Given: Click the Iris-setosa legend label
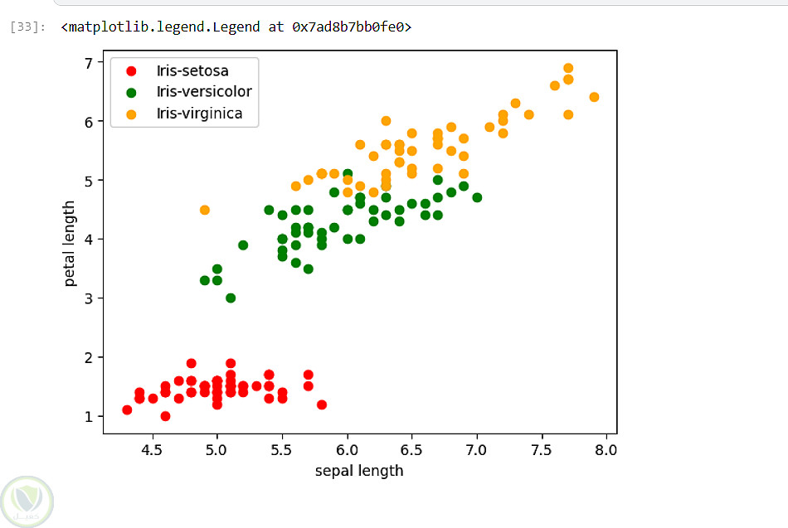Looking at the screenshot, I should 192,70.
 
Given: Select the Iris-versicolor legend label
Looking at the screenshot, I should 203,92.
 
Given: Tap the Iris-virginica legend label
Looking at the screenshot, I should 199,114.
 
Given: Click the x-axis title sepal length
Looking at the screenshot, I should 359,471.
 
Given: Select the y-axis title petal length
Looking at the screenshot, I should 71,244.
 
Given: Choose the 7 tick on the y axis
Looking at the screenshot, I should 87,62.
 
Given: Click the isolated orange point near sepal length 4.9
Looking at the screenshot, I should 204,210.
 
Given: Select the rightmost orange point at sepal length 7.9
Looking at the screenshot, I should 594,97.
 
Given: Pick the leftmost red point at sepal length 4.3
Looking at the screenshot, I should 127,409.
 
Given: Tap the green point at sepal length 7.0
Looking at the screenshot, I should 477,197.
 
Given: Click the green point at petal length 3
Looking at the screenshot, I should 231,298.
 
